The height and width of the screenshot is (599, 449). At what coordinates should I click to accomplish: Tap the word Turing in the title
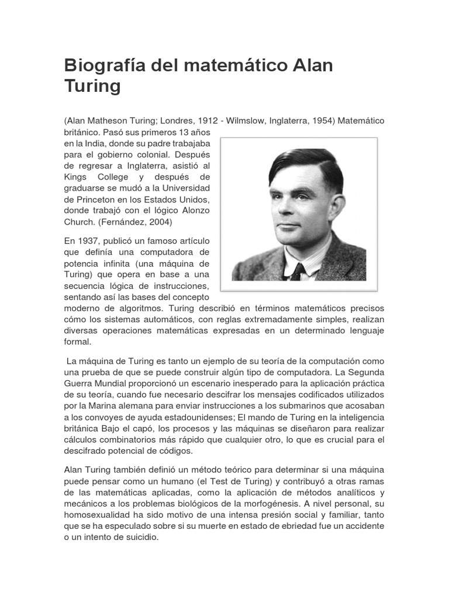pos(92,87)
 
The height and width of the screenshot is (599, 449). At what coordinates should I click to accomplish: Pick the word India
pos(99,144)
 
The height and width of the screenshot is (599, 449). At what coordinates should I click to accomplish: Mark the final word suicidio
pos(140,538)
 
